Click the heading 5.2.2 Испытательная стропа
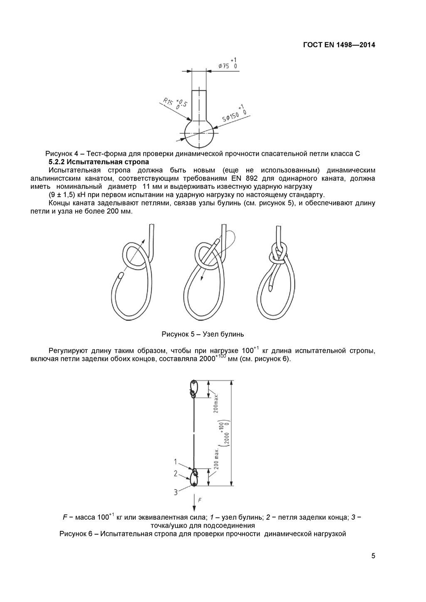(99, 162)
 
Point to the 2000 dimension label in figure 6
(227, 435)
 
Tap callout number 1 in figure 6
(176, 461)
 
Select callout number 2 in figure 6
(176, 474)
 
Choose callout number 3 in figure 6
(176, 492)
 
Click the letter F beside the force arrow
(200, 500)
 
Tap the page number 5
(373, 556)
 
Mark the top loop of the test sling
(194, 388)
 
